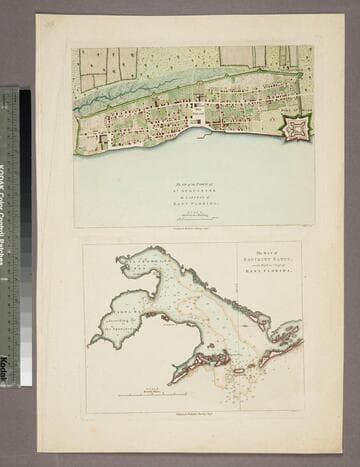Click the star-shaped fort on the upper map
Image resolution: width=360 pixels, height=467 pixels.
point(295,127)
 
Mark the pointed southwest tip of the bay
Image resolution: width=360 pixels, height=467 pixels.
point(92,342)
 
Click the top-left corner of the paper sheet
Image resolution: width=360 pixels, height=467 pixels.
point(37,15)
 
